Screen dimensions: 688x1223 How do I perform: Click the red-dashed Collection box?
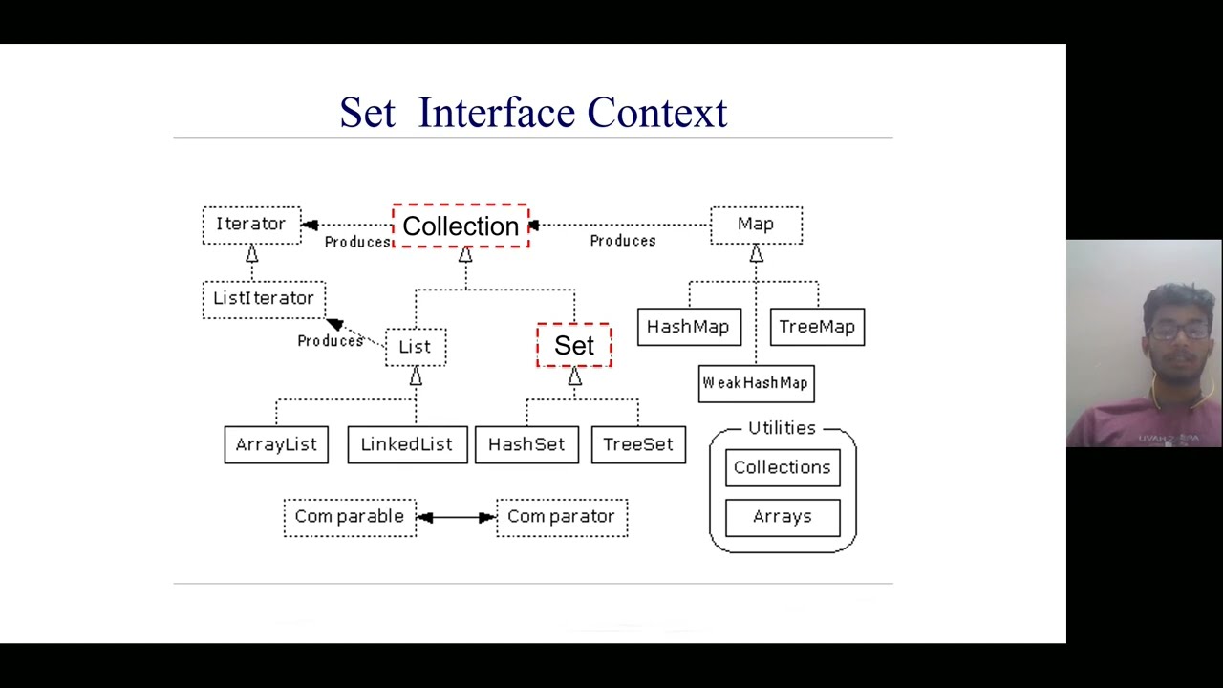[x=461, y=226]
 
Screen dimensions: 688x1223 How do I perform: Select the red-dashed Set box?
[x=574, y=346]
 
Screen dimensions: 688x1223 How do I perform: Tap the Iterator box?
[x=251, y=225]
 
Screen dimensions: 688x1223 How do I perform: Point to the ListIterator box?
[x=264, y=299]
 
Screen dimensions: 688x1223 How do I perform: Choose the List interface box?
[x=416, y=347]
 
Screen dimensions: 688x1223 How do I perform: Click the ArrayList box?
[x=276, y=445]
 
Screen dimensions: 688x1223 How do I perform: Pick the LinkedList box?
[x=407, y=445]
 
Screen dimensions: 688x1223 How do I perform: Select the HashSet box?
[x=526, y=445]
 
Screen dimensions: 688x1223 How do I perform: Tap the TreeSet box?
[x=638, y=445]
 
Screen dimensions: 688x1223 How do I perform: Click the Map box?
[x=756, y=225]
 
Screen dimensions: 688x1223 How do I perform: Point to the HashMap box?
[x=688, y=327]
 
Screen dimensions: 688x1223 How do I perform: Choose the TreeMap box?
[x=817, y=327]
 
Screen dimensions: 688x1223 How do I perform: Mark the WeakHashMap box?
[x=756, y=383]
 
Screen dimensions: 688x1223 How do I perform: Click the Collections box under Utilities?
[x=783, y=467]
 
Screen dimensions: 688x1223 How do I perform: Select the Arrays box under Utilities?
[x=783, y=517]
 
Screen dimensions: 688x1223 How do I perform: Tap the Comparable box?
[x=350, y=517]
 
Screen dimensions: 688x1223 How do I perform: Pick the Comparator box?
[x=562, y=517]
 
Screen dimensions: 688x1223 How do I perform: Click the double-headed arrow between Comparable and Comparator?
[x=457, y=517]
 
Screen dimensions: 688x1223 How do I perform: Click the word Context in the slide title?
[x=657, y=113]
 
